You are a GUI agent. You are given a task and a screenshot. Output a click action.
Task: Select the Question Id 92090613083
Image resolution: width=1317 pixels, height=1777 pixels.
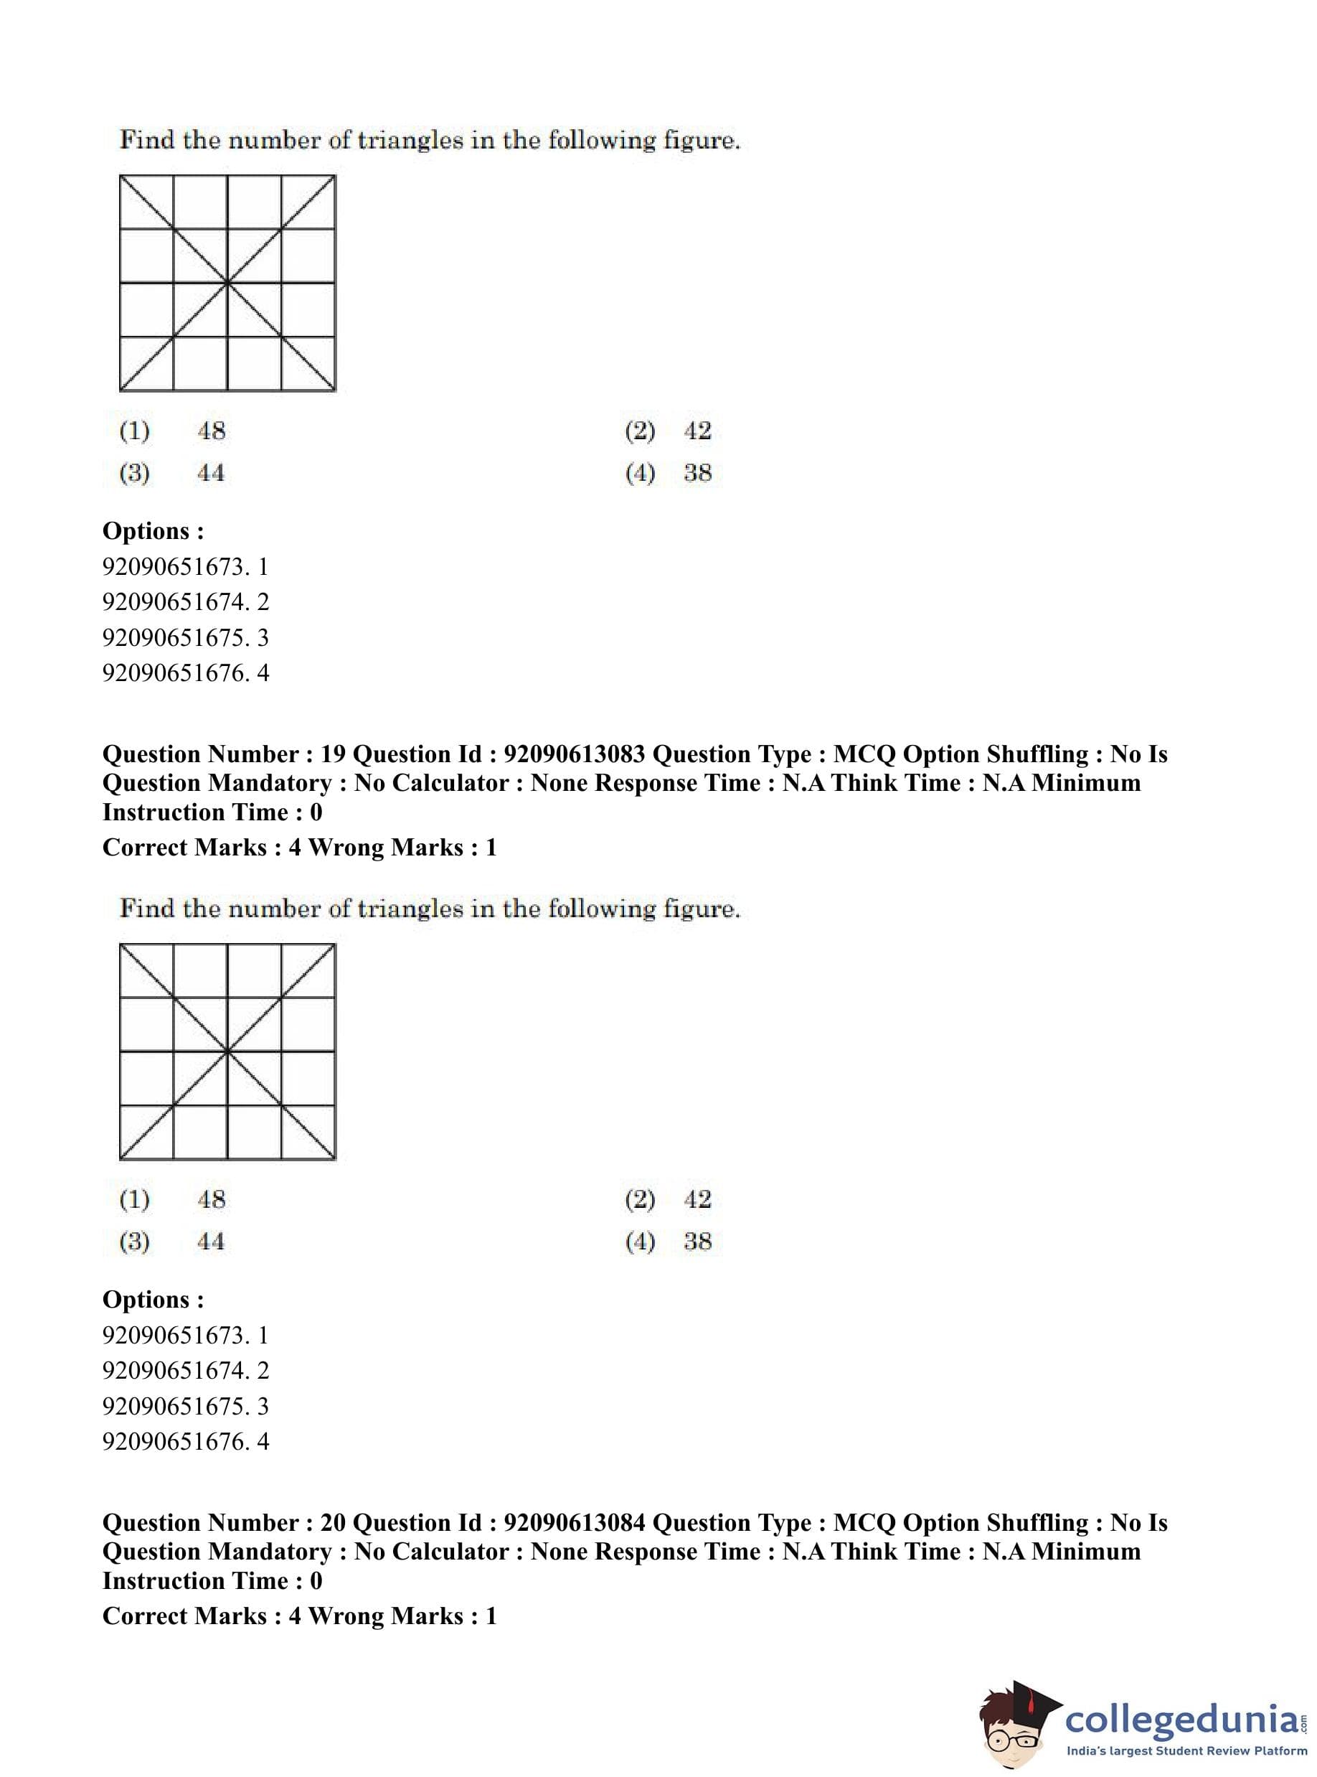point(574,754)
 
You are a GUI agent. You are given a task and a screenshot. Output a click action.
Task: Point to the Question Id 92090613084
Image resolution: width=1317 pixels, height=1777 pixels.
point(574,1522)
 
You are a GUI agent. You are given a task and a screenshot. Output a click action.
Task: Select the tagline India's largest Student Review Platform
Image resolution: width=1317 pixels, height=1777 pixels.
point(1187,1750)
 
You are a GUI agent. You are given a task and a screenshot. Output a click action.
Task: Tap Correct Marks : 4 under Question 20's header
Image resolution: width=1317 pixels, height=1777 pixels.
point(202,1616)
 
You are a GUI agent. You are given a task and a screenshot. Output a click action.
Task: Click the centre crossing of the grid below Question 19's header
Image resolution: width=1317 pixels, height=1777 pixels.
point(228,1052)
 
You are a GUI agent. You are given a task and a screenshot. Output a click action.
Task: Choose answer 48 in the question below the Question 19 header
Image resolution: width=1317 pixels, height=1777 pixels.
point(212,1199)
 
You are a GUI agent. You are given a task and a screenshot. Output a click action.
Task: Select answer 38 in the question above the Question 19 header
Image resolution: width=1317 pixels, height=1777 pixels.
point(697,473)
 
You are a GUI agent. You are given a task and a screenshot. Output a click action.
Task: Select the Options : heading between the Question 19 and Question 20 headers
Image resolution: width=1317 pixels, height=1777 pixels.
point(153,1299)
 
